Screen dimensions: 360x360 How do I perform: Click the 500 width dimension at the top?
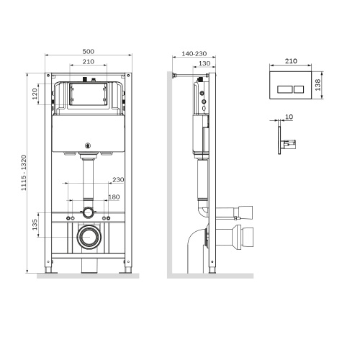coord(88,51)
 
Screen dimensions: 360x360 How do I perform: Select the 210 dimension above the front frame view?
coord(88,62)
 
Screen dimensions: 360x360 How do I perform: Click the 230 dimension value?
coord(118,180)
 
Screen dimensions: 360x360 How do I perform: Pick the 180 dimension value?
coord(114,196)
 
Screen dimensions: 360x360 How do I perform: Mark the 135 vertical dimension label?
coord(34,226)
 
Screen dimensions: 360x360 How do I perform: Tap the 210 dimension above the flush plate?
coord(292,61)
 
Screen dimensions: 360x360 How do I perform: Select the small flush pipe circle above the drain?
coord(88,212)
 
